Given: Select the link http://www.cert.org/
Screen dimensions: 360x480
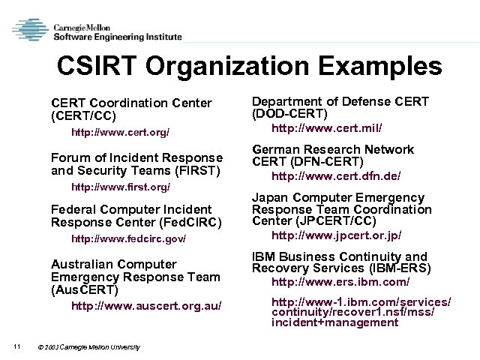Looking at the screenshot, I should (x=120, y=132).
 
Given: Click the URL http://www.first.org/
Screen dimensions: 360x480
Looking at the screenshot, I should (x=120, y=186).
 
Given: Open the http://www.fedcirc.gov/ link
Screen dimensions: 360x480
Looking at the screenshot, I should (x=127, y=239).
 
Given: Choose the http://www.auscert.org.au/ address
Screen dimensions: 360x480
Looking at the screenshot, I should (x=145, y=306).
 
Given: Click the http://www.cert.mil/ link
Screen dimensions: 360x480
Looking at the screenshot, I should (x=326, y=128).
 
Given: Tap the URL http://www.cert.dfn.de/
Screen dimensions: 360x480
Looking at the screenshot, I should (x=335, y=176).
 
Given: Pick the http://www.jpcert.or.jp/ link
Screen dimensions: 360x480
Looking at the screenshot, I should (x=336, y=235).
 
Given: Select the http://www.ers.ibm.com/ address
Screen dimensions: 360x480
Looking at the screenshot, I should (x=340, y=282).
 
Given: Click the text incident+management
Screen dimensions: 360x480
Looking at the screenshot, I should (x=334, y=322).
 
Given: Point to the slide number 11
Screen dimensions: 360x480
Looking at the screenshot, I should (x=16, y=345).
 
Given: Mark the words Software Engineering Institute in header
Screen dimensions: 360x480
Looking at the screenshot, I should (x=117, y=36).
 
